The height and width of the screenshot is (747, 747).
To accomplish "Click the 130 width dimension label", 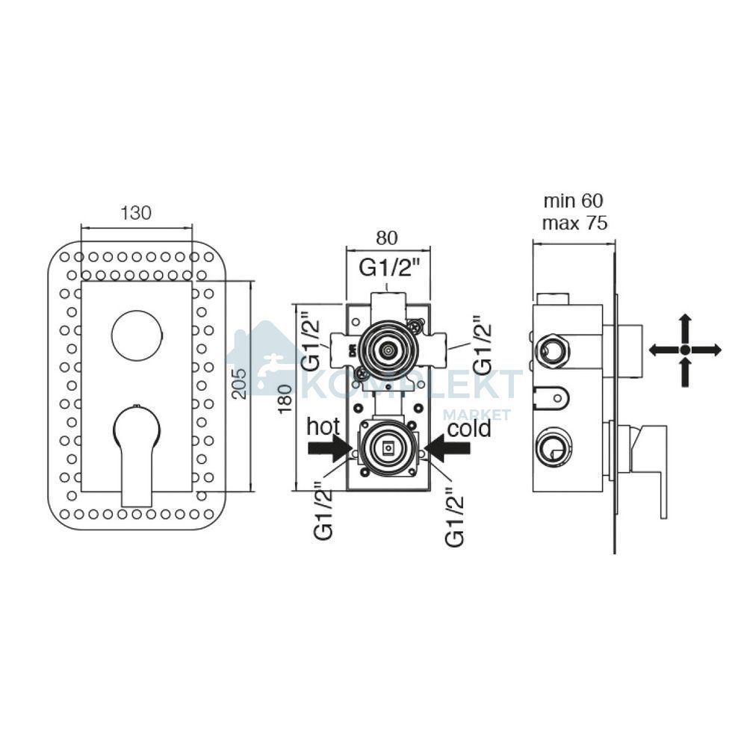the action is [x=136, y=213].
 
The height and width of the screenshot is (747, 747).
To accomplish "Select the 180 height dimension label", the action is [x=285, y=399].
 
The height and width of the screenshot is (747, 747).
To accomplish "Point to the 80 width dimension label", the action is [x=386, y=238].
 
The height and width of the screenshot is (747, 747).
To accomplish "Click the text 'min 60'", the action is [x=574, y=201].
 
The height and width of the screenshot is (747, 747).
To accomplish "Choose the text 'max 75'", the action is [x=575, y=223].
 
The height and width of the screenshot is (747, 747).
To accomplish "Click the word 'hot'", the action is [x=323, y=427].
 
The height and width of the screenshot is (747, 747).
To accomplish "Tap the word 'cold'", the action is [x=470, y=428].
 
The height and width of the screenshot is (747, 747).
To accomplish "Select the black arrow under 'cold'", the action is [x=447, y=448].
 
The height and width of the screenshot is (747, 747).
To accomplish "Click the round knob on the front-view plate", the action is [x=137, y=336].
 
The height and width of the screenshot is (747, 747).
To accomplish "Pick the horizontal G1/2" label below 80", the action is [x=389, y=268].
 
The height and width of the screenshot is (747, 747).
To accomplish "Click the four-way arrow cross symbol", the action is [x=685, y=350].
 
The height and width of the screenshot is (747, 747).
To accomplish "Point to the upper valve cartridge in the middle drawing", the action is [x=388, y=351].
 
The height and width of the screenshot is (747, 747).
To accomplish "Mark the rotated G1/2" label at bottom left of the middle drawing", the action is [x=323, y=510].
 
